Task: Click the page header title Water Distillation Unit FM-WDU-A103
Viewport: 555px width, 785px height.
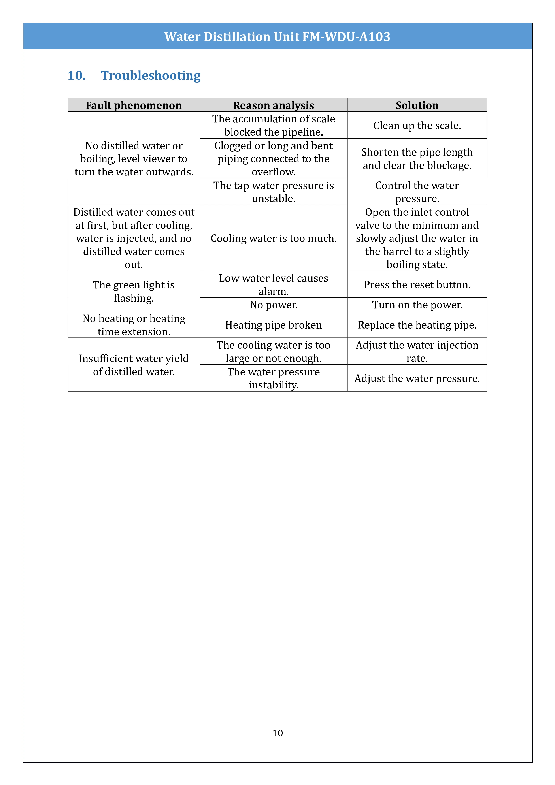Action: [x=277, y=36]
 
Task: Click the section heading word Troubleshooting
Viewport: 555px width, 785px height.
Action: [x=151, y=76]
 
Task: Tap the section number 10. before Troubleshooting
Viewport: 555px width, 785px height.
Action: [x=77, y=76]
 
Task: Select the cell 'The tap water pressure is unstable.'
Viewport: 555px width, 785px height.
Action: [x=273, y=192]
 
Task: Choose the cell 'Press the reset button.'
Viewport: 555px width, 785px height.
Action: [x=417, y=284]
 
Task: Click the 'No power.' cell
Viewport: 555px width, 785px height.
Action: [x=273, y=305]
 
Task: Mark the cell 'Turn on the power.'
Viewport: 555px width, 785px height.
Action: [x=417, y=305]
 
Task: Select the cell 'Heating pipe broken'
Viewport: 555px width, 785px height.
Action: [x=273, y=325]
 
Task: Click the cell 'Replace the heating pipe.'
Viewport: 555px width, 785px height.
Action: [x=417, y=325]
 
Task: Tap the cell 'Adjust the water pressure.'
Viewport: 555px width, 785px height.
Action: [x=417, y=378]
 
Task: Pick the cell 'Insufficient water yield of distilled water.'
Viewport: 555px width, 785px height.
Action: [x=134, y=365]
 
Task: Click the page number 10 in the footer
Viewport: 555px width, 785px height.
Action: [x=277, y=733]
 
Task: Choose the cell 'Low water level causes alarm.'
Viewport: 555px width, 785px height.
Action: [x=273, y=284]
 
